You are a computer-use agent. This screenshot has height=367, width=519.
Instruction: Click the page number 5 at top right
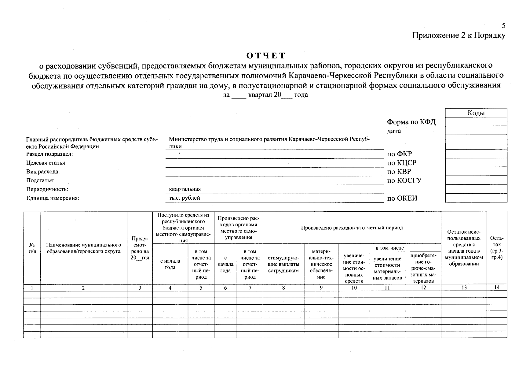coord(503,26)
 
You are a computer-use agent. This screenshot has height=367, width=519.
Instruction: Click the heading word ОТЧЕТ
coord(266,56)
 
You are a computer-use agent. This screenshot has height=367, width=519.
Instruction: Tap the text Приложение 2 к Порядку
coord(459,36)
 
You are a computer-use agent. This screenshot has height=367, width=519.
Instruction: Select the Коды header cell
coord(476,113)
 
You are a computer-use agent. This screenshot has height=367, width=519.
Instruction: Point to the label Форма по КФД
coord(411,122)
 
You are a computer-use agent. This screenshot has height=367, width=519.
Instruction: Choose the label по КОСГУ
coord(404,180)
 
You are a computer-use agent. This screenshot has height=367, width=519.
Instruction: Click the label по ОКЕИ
coord(402,198)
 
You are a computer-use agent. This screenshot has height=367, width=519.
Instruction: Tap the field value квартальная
coord(185,189)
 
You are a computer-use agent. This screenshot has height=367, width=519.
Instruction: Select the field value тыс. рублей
coord(185,198)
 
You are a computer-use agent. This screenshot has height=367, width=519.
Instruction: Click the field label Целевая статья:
coord(46,163)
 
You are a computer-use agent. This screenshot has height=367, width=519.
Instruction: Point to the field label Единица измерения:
coord(53,198)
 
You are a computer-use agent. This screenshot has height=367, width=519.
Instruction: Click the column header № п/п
coord(32,248)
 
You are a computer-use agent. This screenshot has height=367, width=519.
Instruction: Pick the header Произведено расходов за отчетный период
coord(352,228)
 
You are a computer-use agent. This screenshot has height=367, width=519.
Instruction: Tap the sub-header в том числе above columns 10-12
coord(389,248)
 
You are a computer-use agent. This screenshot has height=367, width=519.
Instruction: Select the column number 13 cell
coord(464,287)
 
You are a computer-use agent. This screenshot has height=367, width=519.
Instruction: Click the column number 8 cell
coord(283,287)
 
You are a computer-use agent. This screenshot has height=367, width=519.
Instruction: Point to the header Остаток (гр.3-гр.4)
coord(497,248)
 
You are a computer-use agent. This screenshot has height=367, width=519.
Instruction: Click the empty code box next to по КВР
coord(476,171)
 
